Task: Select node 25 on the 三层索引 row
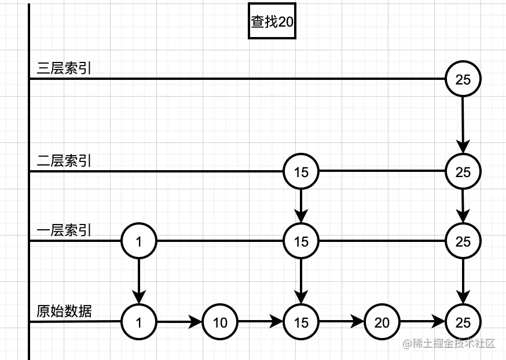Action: (x=463, y=79)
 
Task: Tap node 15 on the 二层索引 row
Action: (x=301, y=172)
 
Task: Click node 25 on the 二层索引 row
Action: (x=463, y=172)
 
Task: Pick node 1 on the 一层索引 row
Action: (x=139, y=241)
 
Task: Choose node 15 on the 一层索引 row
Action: (x=301, y=241)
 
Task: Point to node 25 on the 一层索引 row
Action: (x=463, y=241)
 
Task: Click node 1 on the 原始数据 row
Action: (x=139, y=322)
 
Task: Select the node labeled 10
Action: (x=220, y=322)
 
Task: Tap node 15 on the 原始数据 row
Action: (x=301, y=322)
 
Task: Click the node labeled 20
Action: (x=382, y=322)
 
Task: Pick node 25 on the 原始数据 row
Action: (x=463, y=322)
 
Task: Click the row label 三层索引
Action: (x=64, y=68)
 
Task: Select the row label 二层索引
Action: (x=64, y=161)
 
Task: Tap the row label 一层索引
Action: (x=64, y=230)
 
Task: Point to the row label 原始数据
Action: (x=64, y=311)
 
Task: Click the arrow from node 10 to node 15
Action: (x=261, y=322)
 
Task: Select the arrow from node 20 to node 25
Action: (x=423, y=322)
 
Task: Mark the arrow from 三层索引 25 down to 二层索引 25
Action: (x=463, y=125)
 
